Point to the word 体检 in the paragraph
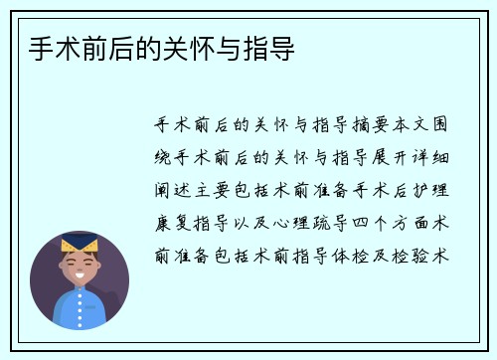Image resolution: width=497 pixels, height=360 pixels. click(x=344, y=256)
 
